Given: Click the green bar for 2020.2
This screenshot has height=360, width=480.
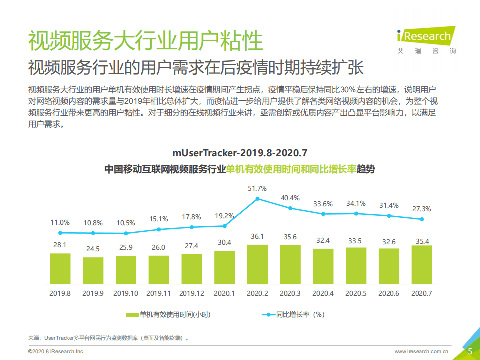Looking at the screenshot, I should click(x=257, y=265).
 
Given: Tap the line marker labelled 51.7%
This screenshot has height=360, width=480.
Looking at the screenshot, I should click(x=257, y=199).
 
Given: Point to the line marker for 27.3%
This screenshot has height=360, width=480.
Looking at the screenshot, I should click(x=422, y=219).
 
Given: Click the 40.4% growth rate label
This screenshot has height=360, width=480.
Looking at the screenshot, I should click(x=290, y=198).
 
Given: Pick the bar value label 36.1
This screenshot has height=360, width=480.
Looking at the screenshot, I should click(x=257, y=236).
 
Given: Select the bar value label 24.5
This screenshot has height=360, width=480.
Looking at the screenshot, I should click(x=93, y=249).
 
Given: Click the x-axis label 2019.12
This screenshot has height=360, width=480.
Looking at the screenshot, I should click(x=191, y=293).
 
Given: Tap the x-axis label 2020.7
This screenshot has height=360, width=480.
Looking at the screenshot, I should click(x=421, y=293).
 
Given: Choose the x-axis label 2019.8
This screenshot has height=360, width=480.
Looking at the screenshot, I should click(x=60, y=293).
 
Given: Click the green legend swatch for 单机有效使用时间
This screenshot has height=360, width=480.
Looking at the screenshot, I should click(x=132, y=315).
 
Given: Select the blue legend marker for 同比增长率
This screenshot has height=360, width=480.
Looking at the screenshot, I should click(x=268, y=315).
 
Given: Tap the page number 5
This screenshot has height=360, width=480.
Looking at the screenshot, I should click(x=470, y=351).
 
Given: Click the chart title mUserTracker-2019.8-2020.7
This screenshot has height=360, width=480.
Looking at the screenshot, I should click(x=239, y=152).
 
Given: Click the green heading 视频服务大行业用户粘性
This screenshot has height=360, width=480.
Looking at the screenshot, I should click(x=145, y=40).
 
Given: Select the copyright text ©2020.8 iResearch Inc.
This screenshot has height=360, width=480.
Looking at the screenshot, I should click(x=56, y=352).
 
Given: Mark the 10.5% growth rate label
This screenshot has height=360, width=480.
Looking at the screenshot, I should click(x=126, y=223).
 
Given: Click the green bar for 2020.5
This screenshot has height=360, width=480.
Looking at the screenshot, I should click(x=356, y=267).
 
